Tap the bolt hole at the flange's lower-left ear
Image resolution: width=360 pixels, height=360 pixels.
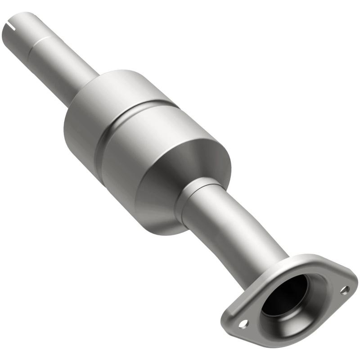tap(243, 323)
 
